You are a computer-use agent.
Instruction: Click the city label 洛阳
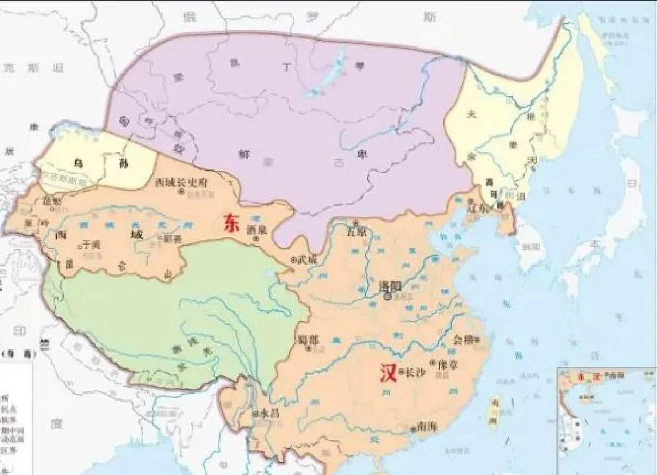(389, 285)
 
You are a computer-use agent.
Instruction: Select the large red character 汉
(387, 372)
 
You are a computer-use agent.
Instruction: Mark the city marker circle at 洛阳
(388, 296)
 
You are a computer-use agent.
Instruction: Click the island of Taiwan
(493, 412)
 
